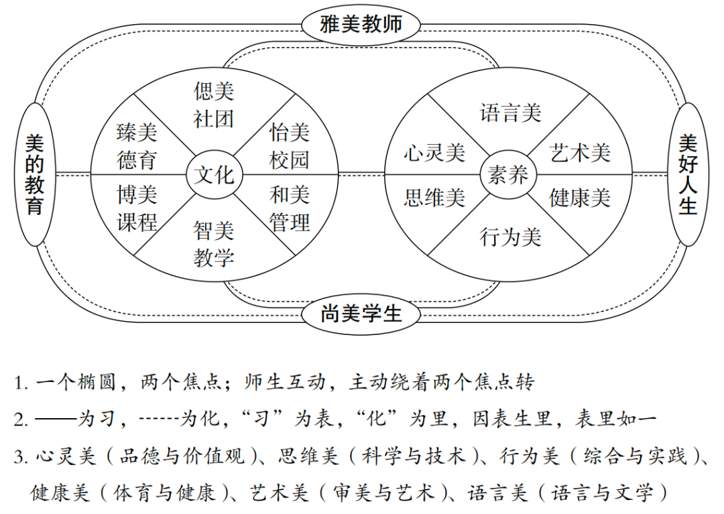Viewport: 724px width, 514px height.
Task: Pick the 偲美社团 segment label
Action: click(x=213, y=105)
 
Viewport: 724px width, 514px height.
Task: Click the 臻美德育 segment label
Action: click(x=137, y=146)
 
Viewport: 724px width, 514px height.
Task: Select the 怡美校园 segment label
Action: click(x=290, y=146)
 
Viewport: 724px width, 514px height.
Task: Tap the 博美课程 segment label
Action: click(x=137, y=208)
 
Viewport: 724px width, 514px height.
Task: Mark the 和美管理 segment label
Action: click(x=290, y=208)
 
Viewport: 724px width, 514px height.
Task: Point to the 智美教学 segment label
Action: click(x=213, y=244)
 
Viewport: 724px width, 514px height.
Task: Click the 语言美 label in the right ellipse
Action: click(x=510, y=113)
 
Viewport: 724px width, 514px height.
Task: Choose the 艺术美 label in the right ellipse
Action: click(x=580, y=153)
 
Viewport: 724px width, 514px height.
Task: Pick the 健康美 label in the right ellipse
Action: click(x=580, y=198)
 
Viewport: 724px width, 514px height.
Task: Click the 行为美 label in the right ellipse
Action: click(x=510, y=237)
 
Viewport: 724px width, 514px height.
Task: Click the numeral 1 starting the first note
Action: click(x=18, y=383)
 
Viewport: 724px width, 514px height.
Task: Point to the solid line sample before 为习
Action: click(x=56, y=420)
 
